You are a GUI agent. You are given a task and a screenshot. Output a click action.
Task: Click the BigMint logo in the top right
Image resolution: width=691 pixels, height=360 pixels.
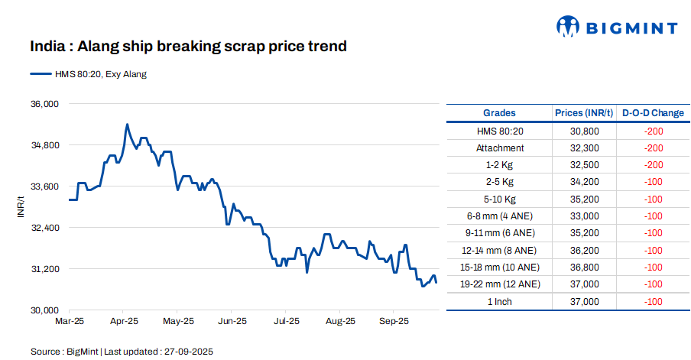(x=616, y=28)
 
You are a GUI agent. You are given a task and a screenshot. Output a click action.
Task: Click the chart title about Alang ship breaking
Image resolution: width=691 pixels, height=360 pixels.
(x=188, y=47)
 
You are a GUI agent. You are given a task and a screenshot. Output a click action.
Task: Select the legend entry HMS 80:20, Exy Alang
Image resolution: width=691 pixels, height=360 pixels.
(x=88, y=74)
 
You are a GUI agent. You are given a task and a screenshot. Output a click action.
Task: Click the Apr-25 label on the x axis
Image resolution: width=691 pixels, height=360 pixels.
(x=123, y=322)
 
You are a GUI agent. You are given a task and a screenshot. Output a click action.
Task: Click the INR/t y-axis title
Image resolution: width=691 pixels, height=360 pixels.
(x=22, y=206)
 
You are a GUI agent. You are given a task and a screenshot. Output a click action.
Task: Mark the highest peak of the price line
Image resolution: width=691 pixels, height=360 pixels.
(x=127, y=124)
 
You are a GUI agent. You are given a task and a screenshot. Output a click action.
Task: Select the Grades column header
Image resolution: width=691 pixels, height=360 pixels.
(x=499, y=113)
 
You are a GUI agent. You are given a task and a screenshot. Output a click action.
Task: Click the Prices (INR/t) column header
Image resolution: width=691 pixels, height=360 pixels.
(x=585, y=113)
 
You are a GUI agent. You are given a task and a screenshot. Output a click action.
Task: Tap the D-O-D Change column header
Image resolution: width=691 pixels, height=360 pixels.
(x=653, y=113)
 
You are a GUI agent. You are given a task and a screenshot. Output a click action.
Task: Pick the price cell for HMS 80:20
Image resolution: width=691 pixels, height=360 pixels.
(x=585, y=131)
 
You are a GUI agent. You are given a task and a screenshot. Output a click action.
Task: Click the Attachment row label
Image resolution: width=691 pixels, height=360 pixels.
(x=500, y=148)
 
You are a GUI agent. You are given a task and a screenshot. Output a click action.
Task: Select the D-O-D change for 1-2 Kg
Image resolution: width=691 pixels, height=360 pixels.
(x=653, y=165)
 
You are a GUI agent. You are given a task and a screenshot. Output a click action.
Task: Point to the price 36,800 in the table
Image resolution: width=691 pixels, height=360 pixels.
(x=585, y=268)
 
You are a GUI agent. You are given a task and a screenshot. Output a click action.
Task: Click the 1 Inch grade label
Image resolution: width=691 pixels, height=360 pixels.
(x=500, y=302)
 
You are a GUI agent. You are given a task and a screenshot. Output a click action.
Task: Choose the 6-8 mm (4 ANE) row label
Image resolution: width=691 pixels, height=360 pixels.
(x=500, y=216)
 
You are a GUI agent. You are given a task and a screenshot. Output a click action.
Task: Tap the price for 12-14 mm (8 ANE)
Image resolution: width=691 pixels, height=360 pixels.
(x=585, y=251)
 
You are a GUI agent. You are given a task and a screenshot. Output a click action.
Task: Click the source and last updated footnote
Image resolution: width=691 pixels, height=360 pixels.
(x=122, y=352)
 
